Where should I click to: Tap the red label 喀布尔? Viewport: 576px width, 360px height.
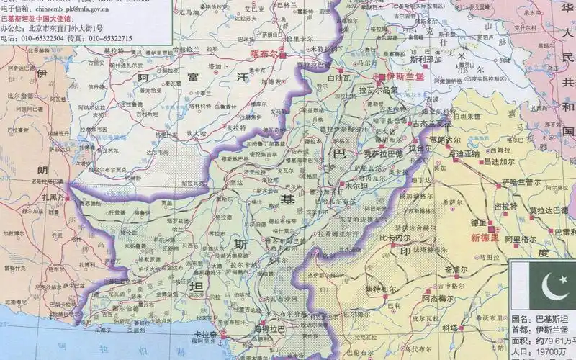[x=264, y=53]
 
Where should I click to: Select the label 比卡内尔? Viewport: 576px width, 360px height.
[x=395, y=237]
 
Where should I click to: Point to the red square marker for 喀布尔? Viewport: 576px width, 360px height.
[x=283, y=55]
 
